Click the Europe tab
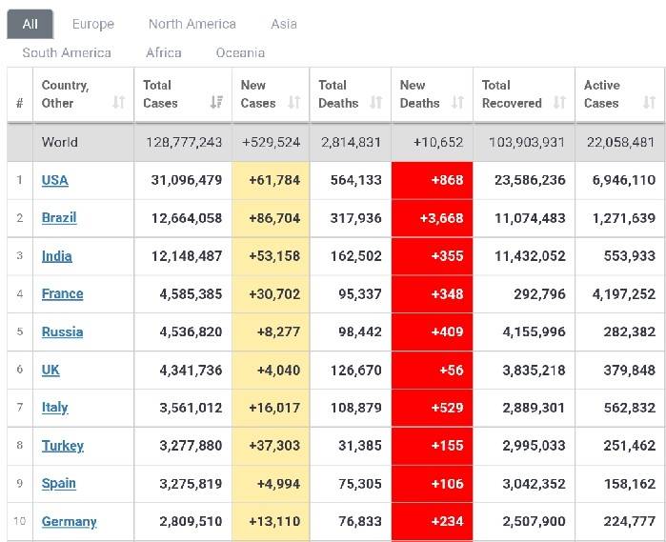click(92, 24)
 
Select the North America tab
click(192, 24)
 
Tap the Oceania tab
click(240, 52)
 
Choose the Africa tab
click(163, 52)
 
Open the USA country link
click(55, 180)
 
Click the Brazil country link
click(59, 218)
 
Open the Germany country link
click(69, 522)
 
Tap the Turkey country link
click(63, 446)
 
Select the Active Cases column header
click(602, 93)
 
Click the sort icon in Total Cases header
click(216, 103)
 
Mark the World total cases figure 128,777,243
click(184, 142)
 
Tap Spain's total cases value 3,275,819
click(187, 484)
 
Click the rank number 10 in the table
click(19, 522)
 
